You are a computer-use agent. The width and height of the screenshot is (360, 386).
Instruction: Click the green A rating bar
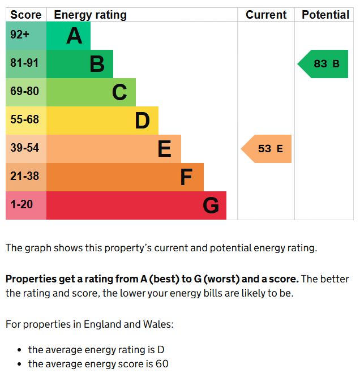[68, 36]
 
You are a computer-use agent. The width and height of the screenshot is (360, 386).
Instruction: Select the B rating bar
[79, 64]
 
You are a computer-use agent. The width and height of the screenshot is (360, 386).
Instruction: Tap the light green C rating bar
[91, 92]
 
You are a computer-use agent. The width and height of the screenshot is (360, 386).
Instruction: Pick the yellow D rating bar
[102, 121]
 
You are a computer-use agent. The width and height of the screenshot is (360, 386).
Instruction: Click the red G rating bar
[136, 205]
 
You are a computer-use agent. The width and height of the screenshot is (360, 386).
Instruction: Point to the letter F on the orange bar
[186, 178]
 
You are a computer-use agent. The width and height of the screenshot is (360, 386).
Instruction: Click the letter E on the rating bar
[164, 149]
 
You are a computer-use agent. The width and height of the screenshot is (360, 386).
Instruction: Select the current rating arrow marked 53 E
[267, 149]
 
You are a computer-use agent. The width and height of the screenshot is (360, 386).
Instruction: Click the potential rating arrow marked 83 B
[324, 64]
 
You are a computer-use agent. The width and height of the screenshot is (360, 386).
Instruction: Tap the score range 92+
[20, 35]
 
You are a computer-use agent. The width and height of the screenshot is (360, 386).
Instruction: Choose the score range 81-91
[24, 63]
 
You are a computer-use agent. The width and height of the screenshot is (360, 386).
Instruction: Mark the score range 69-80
[24, 92]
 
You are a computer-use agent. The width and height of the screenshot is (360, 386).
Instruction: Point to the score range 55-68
[24, 120]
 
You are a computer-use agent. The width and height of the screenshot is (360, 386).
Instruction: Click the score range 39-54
[24, 148]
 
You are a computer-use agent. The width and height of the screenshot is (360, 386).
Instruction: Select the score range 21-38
[24, 177]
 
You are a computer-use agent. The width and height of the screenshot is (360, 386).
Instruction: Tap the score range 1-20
[22, 205]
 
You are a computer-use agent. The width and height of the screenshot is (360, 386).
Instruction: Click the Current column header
[266, 15]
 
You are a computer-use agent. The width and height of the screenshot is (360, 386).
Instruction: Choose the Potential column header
[325, 15]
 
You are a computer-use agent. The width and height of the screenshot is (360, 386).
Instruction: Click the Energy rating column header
[90, 15]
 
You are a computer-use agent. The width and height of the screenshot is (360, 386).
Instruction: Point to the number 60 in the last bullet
[162, 364]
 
